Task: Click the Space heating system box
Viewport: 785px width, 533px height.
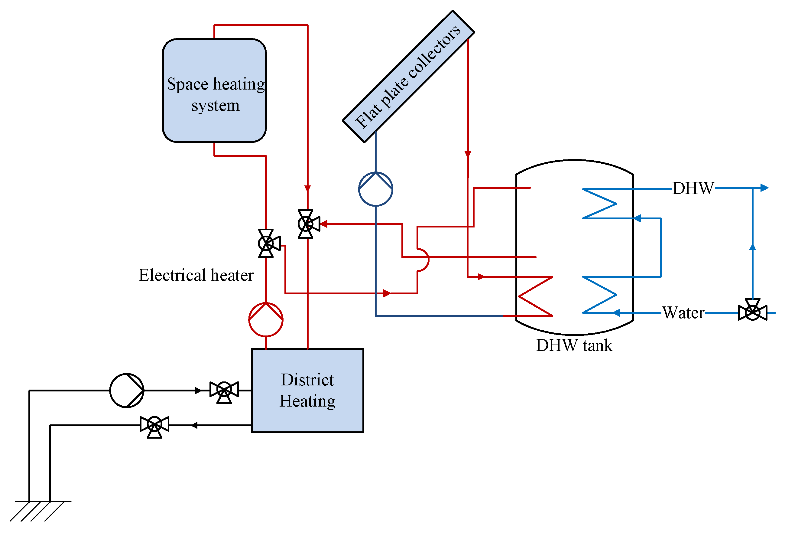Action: [x=214, y=90]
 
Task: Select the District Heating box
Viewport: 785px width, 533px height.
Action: [x=307, y=390]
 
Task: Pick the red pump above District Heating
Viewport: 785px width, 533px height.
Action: [x=266, y=319]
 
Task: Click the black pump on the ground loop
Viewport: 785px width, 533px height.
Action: [x=127, y=390]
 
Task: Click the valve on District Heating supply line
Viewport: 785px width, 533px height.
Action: [x=224, y=391]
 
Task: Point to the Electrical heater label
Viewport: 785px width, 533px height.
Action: [x=196, y=275]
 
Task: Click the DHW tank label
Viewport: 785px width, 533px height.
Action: [x=574, y=345]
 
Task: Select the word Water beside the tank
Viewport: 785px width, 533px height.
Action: [x=683, y=313]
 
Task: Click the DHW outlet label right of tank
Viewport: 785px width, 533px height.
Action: [x=693, y=188]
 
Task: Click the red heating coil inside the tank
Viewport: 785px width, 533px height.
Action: [x=535, y=296]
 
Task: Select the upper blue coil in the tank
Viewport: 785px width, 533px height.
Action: [x=600, y=204]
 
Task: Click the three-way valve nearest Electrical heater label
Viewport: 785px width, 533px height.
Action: [x=267, y=243]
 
